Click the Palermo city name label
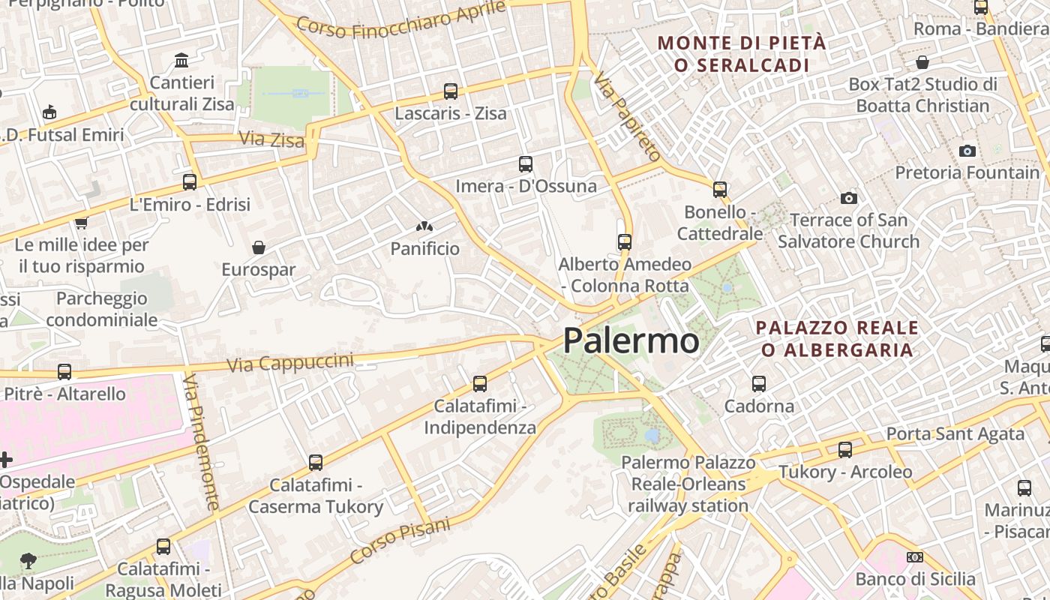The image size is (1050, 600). point(631,341)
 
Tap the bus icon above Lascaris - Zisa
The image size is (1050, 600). point(450,91)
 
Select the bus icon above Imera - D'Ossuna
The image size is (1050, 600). point(525,164)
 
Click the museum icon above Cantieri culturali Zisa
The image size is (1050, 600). point(181,60)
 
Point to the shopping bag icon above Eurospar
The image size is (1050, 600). point(259,247)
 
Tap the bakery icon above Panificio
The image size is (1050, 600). point(424,226)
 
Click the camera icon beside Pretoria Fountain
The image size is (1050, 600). point(967,151)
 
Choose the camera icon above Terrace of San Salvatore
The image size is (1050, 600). point(848,198)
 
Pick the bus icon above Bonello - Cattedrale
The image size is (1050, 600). point(720,190)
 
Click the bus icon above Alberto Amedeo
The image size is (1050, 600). point(624,242)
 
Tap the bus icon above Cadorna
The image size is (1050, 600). point(759,384)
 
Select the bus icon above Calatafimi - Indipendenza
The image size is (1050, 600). point(480,384)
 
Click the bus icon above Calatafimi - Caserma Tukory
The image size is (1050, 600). point(316,463)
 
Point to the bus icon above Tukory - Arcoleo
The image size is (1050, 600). point(845,450)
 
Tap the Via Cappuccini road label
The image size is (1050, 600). point(289,363)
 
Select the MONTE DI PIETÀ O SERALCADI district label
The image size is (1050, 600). point(742,54)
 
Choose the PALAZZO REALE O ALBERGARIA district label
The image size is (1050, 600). point(837,339)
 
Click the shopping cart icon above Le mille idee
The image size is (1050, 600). point(81,223)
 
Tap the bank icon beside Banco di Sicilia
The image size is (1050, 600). point(914,557)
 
